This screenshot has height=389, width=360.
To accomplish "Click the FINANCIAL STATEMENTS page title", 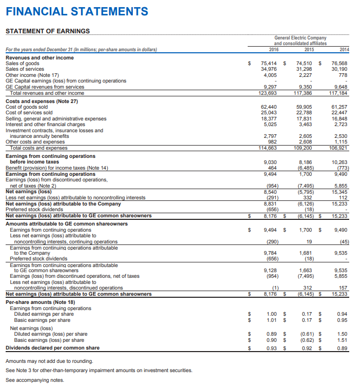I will (x=77, y=11).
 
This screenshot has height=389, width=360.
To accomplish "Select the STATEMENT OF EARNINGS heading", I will (x=47, y=31).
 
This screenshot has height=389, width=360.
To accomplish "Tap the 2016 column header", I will (x=274, y=49).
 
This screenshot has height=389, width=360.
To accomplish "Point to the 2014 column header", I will (x=344, y=49).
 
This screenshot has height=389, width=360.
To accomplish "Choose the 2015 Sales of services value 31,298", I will (x=306, y=69).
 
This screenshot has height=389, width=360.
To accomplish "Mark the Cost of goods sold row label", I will (x=29, y=107).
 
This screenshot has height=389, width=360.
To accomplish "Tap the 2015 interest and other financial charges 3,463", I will (x=307, y=124).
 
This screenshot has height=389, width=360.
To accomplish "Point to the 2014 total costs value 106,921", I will (x=339, y=148).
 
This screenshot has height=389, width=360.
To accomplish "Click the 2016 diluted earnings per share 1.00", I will (x=272, y=314).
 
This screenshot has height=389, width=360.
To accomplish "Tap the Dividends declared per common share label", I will (x=52, y=348).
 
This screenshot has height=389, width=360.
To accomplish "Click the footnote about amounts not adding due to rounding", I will (x=50, y=361).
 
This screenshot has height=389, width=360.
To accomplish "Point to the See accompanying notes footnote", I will (x=35, y=380).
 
